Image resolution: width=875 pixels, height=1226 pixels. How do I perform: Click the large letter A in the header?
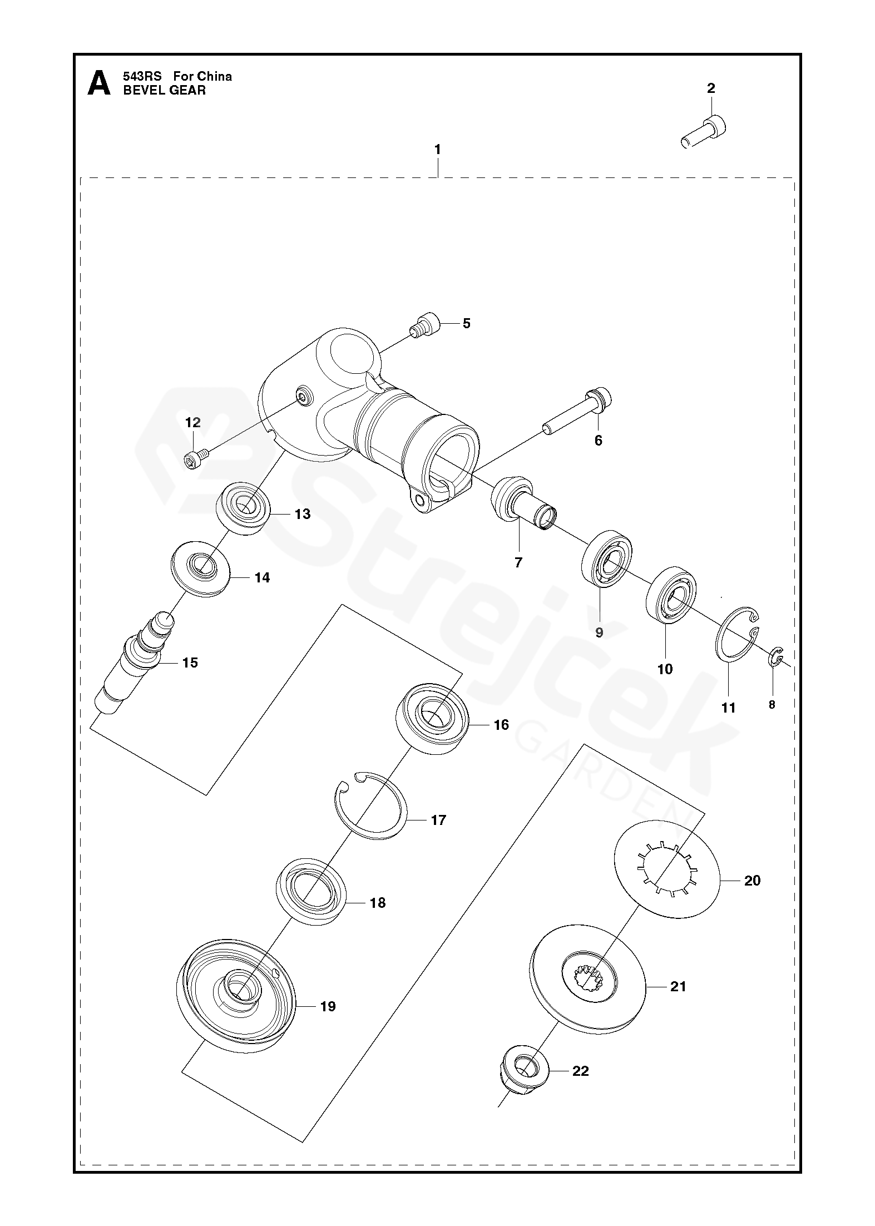click(x=99, y=83)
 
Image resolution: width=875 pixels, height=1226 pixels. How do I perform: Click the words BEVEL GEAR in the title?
click(x=164, y=91)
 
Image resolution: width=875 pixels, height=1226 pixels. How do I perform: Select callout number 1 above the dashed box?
click(x=437, y=150)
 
